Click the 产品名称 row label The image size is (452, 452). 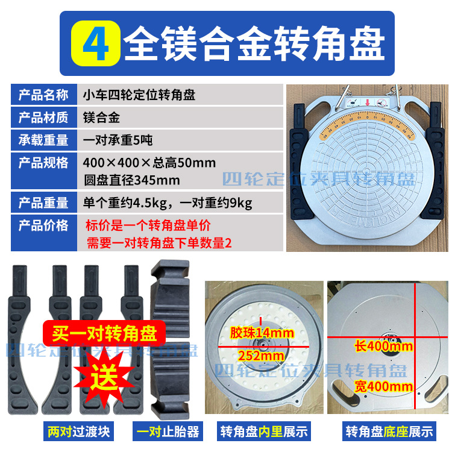tap(43, 95)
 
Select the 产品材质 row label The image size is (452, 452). tap(43, 118)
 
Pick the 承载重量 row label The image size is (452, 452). tap(43, 140)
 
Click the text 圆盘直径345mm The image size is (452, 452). tap(133, 180)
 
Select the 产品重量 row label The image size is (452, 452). tap(43, 203)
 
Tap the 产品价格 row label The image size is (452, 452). tap(43, 226)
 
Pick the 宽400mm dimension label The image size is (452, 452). tap(383, 386)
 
